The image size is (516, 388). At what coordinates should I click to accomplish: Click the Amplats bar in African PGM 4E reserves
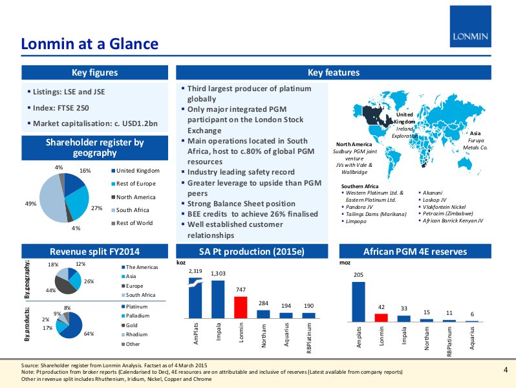pos(359,301)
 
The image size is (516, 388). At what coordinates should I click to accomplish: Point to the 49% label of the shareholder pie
pos(30,204)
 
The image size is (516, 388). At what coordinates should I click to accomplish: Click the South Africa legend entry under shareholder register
pos(133,210)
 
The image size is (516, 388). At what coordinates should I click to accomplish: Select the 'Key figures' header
pos(94,72)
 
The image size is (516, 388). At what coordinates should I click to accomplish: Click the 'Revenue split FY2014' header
pos(94,251)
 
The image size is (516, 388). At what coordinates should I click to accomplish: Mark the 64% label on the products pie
pos(89,334)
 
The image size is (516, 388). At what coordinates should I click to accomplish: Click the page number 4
pos(505,369)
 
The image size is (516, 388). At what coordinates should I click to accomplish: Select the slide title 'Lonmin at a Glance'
pos(89,44)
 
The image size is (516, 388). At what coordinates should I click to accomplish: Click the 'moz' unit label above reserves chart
pos(345,264)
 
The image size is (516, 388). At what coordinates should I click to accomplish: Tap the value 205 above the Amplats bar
pos(358,275)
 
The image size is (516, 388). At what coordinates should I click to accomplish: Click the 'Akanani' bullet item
pos(435,192)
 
